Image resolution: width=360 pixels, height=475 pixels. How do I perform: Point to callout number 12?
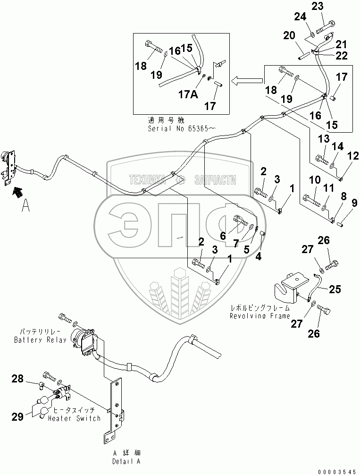[x=352, y=156]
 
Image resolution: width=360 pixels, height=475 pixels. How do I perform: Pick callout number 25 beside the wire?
[x=334, y=289]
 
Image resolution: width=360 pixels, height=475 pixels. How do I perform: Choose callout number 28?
[x=17, y=379]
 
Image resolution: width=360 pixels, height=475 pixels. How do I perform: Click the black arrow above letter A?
[x=18, y=192]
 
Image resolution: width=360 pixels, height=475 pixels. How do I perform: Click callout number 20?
[x=289, y=35]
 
